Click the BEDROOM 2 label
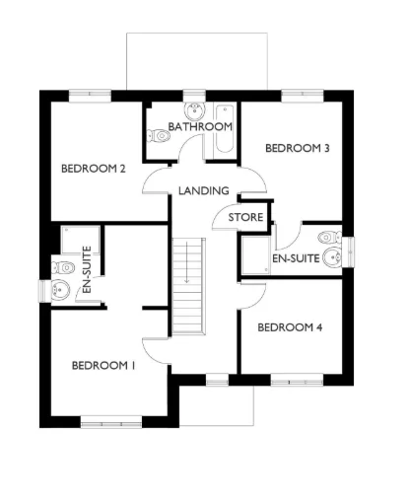[94, 169]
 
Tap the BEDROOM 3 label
[297, 148]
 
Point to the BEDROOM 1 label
[103, 366]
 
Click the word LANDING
[205, 190]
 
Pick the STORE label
[245, 216]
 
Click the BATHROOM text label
[200, 127]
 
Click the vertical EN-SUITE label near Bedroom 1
[87, 272]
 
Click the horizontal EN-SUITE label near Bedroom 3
[295, 259]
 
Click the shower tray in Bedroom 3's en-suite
[253, 254]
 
